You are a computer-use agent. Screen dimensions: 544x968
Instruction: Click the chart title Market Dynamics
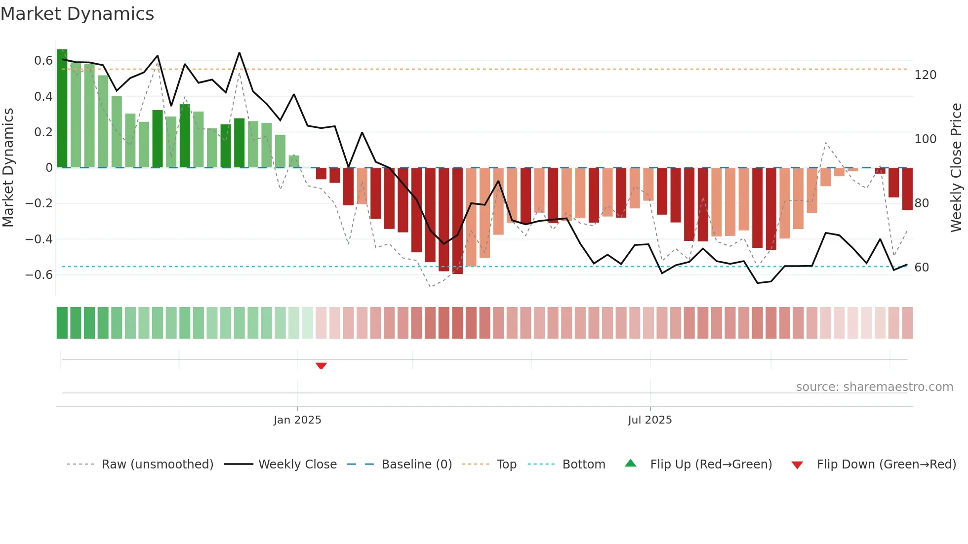[x=77, y=14]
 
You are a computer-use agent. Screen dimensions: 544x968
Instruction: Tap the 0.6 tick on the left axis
[x=43, y=61]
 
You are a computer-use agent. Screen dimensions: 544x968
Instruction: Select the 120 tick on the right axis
[x=925, y=75]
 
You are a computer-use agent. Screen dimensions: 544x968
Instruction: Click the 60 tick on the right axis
[x=922, y=268]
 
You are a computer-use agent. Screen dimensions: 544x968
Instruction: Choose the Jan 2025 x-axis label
[x=297, y=420]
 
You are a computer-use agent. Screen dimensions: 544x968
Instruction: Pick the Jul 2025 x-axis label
[x=649, y=420]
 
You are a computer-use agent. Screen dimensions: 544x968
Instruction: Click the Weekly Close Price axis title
[x=956, y=168]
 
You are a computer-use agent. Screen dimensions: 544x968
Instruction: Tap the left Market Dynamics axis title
[x=8, y=168]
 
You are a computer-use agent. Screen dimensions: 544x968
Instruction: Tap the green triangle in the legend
[x=631, y=464]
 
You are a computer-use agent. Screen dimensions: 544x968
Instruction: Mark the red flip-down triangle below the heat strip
[x=321, y=366]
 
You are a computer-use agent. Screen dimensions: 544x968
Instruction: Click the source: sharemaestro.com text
[x=874, y=387]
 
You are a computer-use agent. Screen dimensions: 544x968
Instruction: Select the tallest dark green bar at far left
[x=62, y=109]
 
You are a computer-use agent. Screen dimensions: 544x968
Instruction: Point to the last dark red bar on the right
[x=907, y=189]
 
